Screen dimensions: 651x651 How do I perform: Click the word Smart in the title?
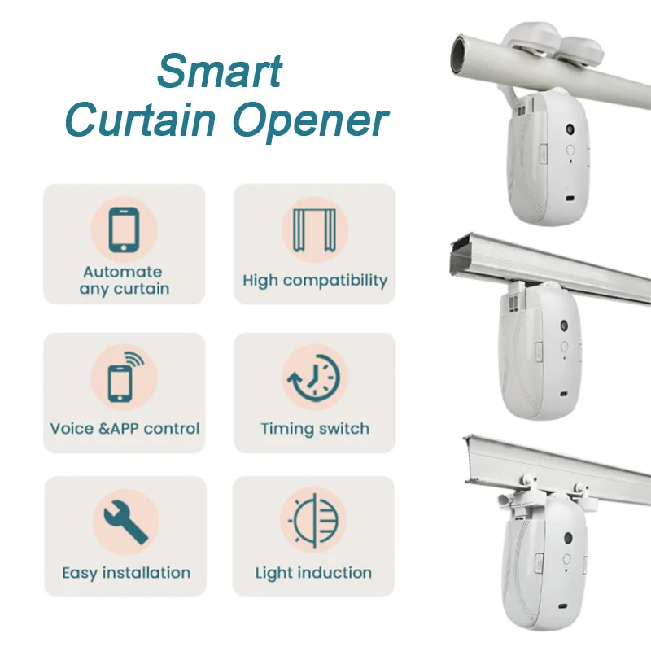point(220,72)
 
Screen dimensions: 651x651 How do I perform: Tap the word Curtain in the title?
point(142,120)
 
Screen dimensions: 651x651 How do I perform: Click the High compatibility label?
point(315,281)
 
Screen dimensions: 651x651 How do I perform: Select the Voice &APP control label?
point(125,428)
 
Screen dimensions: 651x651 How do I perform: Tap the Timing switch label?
point(315,428)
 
